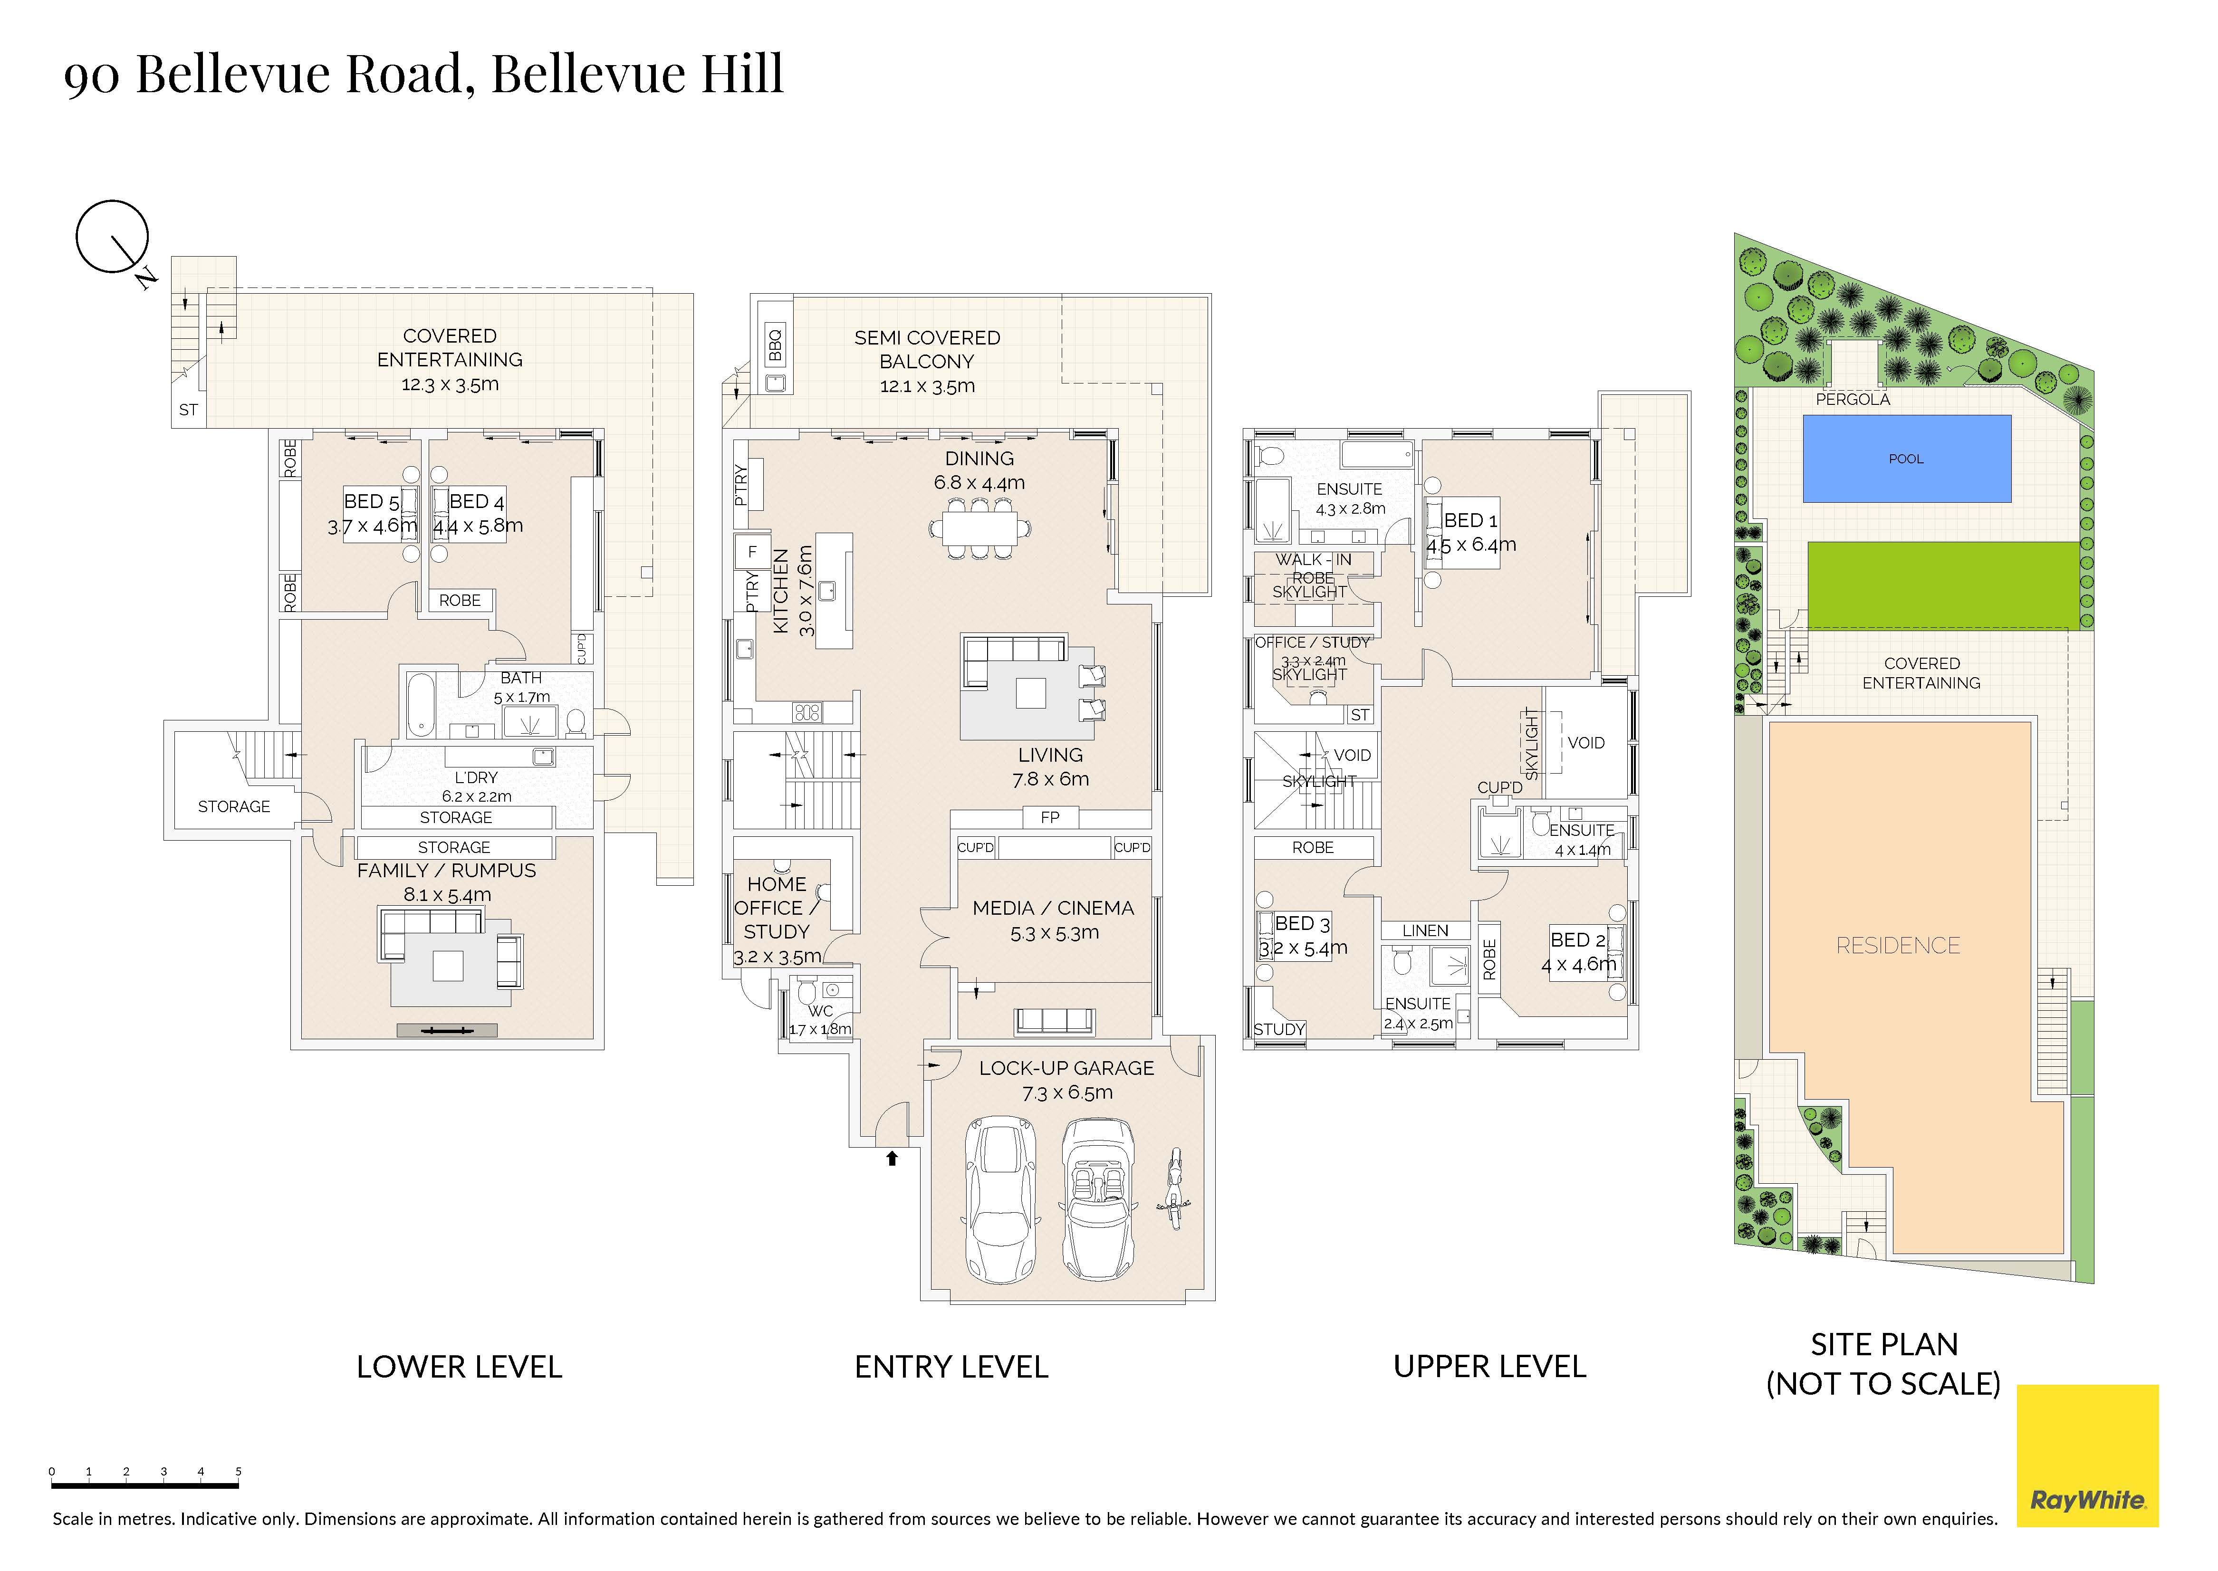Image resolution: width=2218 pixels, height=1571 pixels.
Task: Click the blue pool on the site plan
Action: pyautogui.click(x=1907, y=459)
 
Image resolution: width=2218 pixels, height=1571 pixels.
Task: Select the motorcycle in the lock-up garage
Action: pyautogui.click(x=1174, y=1188)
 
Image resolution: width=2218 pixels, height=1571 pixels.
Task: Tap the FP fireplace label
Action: pyautogui.click(x=1050, y=817)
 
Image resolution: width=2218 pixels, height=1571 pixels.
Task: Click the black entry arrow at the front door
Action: pyautogui.click(x=892, y=1157)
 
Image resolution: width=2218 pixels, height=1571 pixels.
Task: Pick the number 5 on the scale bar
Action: pyautogui.click(x=238, y=1471)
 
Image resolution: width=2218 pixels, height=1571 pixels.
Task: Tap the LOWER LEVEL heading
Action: pyautogui.click(x=460, y=1367)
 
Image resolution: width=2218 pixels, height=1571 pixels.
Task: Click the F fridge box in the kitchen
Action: pyautogui.click(x=752, y=552)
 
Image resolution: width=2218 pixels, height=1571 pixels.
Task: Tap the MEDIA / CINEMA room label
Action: pyautogui.click(x=1053, y=909)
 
